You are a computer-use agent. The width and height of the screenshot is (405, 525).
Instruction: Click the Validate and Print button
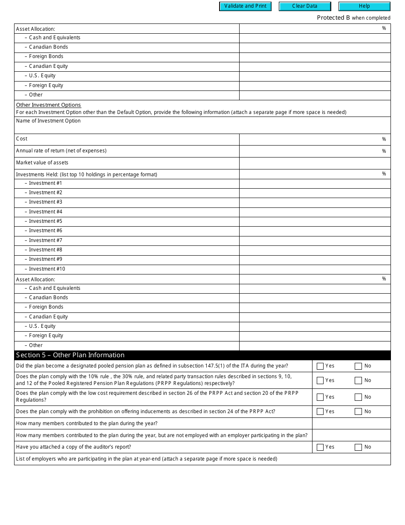coord(245,6)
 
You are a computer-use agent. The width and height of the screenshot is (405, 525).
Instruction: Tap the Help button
coord(364,6)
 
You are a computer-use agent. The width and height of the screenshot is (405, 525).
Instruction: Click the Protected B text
coord(333,18)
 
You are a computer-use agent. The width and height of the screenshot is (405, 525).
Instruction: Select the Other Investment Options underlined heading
coord(48,105)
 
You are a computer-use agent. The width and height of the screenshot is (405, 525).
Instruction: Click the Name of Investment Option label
coord(48,121)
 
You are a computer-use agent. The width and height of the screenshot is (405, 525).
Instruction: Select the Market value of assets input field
coord(315,163)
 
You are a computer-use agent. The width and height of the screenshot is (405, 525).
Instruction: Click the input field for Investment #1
coord(315,184)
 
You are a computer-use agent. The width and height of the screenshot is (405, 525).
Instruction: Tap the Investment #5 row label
coord(45,221)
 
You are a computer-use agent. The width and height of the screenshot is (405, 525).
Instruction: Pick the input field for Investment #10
coord(315,269)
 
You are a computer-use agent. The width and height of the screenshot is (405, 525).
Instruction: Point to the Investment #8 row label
coord(45,250)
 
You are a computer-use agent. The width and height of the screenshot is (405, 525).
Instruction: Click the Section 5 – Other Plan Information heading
coord(70,355)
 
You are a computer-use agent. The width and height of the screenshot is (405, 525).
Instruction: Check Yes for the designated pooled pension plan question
coord(320,366)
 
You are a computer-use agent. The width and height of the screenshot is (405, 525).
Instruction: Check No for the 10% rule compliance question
coord(358,380)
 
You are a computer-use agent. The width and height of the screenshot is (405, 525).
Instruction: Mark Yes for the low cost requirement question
coord(320,397)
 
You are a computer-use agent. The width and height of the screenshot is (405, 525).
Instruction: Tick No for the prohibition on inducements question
coord(358,411)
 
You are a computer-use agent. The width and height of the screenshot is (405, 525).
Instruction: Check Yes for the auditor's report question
coord(320,447)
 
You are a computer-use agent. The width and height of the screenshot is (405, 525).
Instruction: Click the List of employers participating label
coord(146,459)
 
